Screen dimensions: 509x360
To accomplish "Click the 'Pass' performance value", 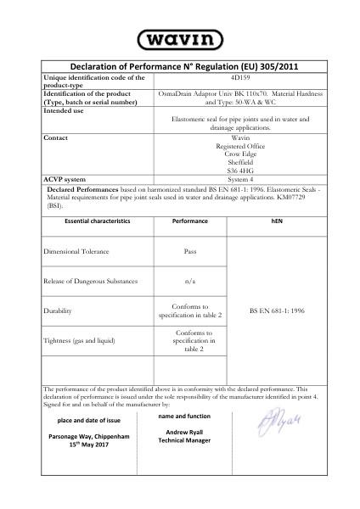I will pos(190,251).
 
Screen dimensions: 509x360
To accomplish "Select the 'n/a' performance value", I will pos(190,280).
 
